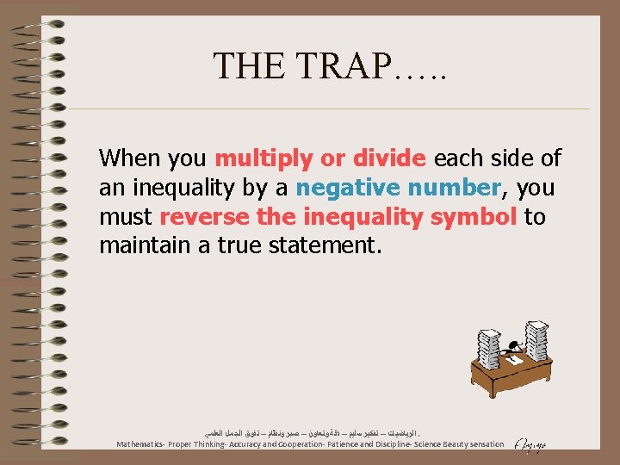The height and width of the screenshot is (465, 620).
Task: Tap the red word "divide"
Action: point(390,158)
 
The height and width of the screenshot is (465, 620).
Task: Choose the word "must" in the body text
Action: point(126,217)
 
